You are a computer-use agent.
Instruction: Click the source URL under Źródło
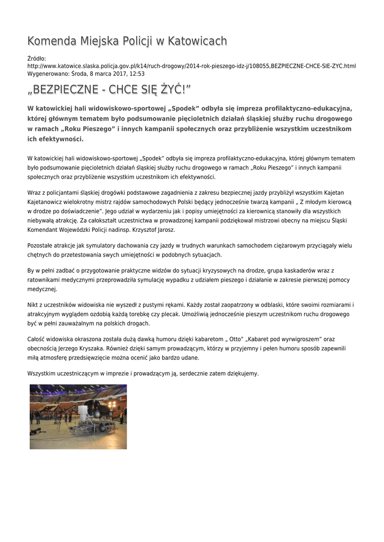(x=191, y=66)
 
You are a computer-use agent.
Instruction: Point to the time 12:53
(x=137, y=74)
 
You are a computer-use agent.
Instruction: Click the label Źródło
(x=37, y=58)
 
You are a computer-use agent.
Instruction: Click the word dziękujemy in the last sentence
(x=242, y=373)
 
